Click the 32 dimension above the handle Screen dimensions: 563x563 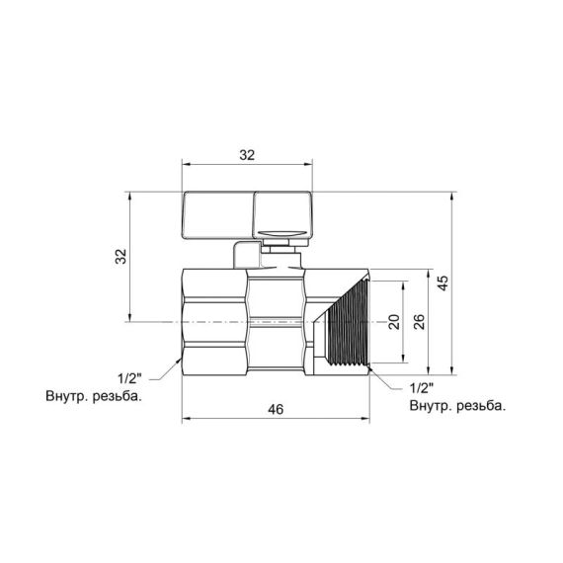[x=247, y=155]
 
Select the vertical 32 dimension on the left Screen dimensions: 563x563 [x=121, y=257]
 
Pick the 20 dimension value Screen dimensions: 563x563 [x=393, y=321]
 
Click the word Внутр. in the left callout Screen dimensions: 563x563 [x=69, y=397]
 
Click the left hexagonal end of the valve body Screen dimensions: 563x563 [x=213, y=321]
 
